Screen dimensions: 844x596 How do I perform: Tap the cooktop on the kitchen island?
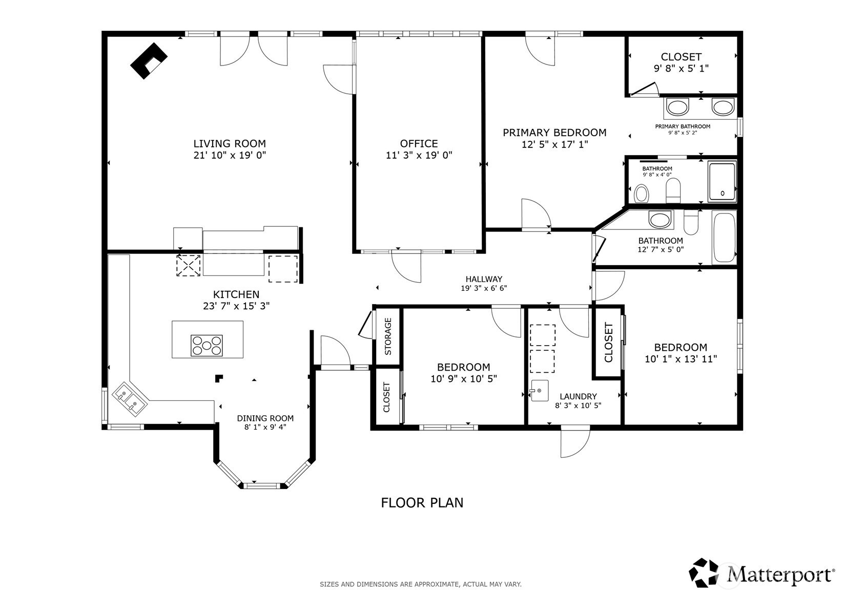click(x=207, y=345)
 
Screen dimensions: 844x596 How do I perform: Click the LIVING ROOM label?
click(x=230, y=143)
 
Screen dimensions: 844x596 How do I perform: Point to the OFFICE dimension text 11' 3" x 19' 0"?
click(x=419, y=155)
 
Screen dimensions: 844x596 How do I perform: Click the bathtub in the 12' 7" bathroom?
click(x=724, y=237)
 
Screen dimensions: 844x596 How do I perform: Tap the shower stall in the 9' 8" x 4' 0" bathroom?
click(x=722, y=181)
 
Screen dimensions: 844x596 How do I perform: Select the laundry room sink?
click(x=539, y=391)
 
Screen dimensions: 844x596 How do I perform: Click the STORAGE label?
click(x=388, y=336)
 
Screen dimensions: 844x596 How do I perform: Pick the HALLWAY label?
click(x=484, y=279)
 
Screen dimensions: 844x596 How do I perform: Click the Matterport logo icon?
click(x=704, y=572)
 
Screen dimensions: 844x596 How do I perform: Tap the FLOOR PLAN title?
click(x=422, y=503)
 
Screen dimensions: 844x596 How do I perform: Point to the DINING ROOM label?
click(x=265, y=418)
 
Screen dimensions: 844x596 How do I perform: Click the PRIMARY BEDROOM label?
click(x=554, y=133)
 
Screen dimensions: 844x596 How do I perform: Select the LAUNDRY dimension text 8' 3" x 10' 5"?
click(x=578, y=406)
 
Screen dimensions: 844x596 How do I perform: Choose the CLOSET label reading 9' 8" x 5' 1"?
click(x=681, y=62)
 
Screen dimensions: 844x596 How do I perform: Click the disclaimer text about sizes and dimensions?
click(x=421, y=584)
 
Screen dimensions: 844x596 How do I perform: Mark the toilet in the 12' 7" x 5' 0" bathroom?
click(x=691, y=222)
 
